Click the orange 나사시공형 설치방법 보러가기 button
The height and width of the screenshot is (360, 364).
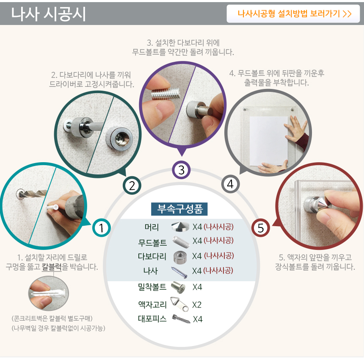(293, 14)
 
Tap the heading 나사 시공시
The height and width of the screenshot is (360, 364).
(49, 14)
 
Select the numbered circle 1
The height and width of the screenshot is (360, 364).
(102, 227)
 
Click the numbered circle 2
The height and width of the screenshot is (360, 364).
(132, 186)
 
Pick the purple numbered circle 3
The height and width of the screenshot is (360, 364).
(181, 170)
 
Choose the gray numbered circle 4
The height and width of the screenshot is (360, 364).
(230, 184)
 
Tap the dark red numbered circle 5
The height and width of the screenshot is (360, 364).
(261, 227)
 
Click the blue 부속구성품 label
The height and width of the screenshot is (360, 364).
(179, 209)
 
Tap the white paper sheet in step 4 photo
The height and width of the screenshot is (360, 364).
(269, 141)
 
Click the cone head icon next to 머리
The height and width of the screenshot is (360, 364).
(180, 227)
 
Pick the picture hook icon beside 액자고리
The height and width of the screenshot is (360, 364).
(179, 304)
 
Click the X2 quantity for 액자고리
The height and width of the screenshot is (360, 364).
(197, 305)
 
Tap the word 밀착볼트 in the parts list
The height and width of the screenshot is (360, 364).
(152, 287)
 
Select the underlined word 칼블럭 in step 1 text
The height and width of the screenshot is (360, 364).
(52, 267)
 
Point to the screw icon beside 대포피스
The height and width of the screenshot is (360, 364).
(181, 319)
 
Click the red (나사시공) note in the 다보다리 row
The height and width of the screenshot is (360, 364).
(219, 255)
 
